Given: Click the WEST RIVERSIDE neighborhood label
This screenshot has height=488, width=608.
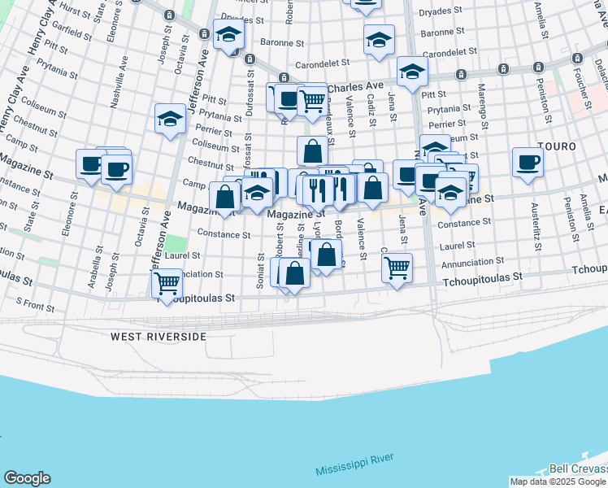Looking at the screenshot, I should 159,336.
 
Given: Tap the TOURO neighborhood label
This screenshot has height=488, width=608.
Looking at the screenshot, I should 556,146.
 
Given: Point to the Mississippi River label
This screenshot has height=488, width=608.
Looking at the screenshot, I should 354,465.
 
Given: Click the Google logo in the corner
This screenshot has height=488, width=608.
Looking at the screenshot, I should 26,478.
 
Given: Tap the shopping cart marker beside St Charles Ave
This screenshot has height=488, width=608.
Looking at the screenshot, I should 312,100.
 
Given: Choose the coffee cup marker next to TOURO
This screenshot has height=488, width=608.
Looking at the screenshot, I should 528,162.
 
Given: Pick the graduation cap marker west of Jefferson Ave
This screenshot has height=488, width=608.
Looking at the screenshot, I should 170,119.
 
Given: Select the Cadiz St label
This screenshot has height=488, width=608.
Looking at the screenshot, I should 371,105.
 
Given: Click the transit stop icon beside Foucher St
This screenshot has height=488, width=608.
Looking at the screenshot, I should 577,59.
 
